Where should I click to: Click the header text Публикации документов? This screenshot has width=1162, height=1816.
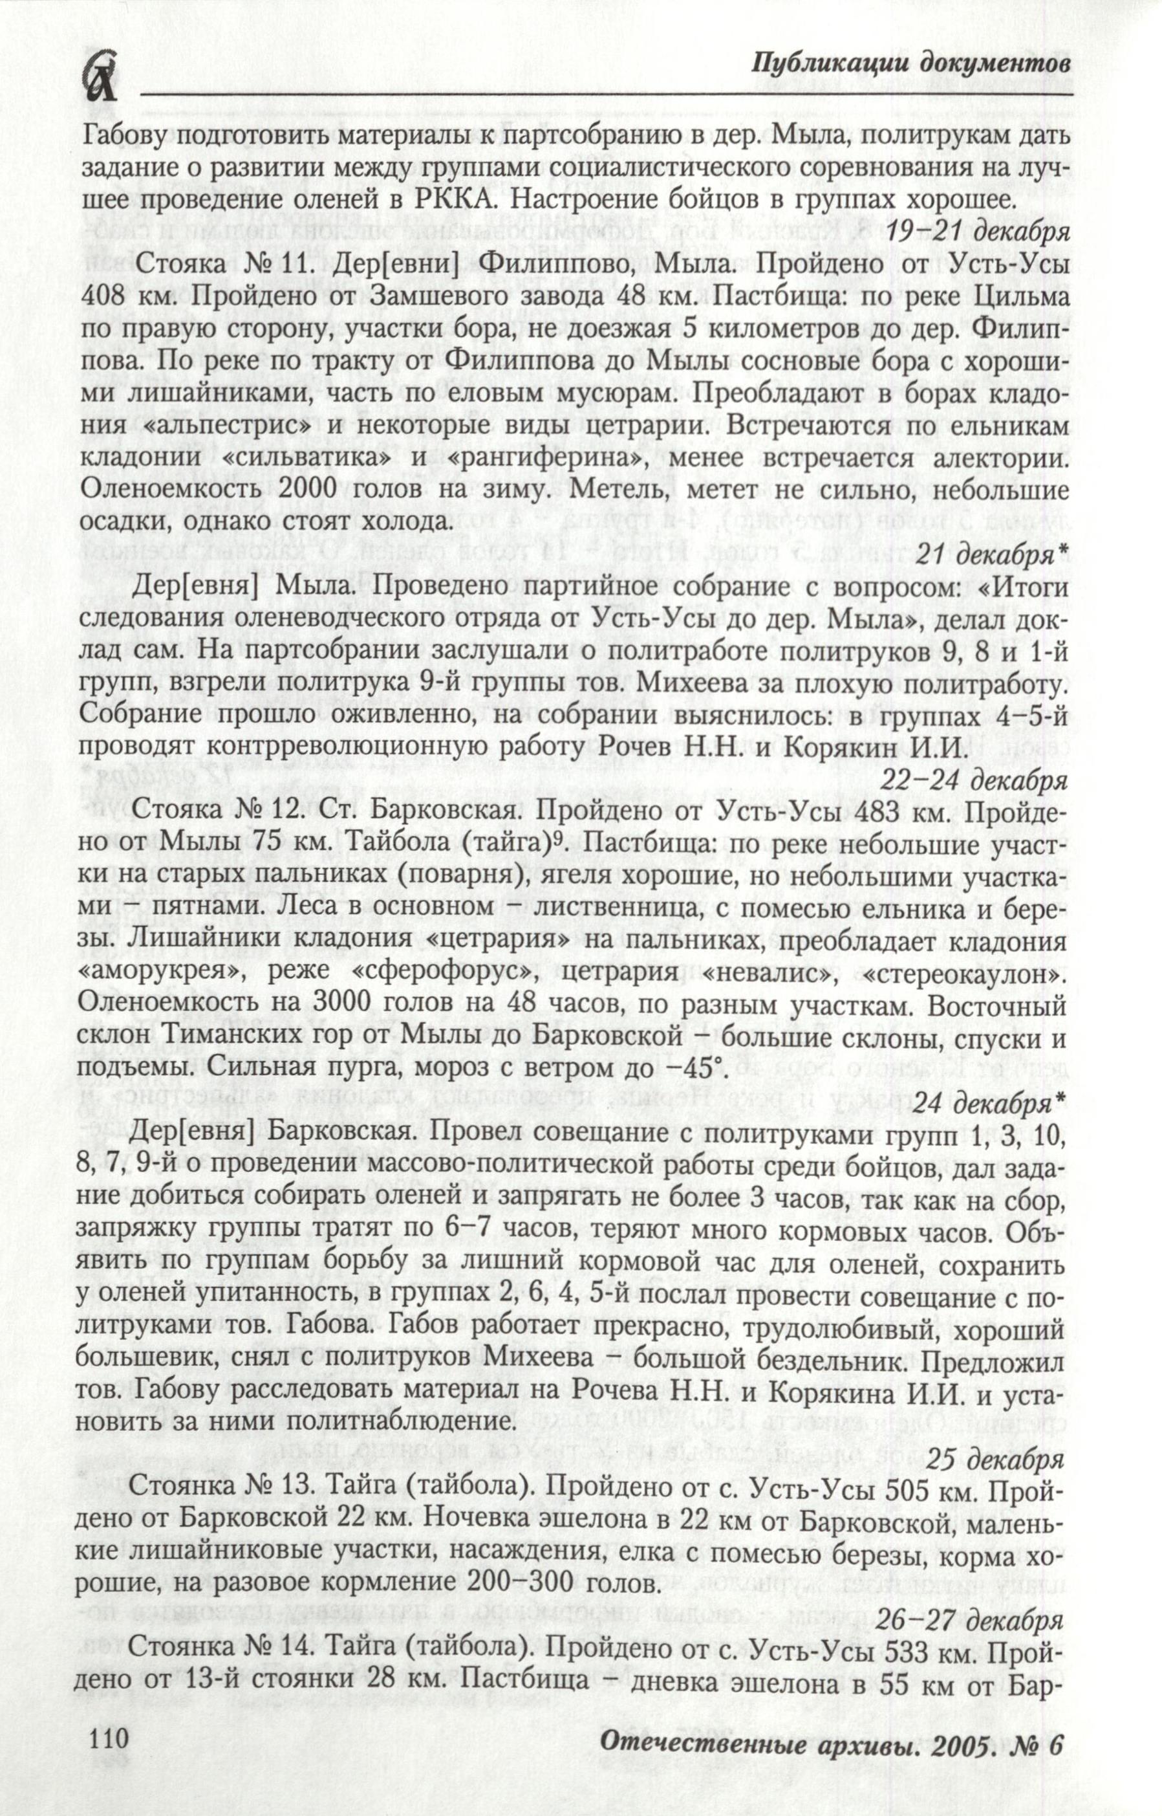[912, 64]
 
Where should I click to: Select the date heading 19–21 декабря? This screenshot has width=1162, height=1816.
[978, 232]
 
